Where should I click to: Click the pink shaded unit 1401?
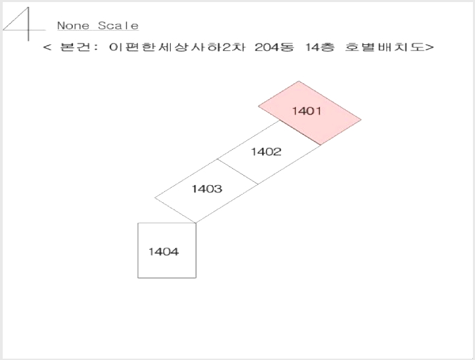coord(310,113)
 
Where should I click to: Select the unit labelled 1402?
coord(269,152)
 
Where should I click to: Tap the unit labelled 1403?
coord(207,191)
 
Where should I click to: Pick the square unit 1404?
coord(167,250)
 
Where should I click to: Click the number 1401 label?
coord(306,111)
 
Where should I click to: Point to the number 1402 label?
coord(266,152)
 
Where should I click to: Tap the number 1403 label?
coord(207,189)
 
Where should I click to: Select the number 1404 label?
coord(163,252)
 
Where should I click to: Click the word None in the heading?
coord(73,26)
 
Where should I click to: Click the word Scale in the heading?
coord(118,26)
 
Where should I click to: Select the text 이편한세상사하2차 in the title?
coord(177,47)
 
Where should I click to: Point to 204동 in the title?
coord(274,47)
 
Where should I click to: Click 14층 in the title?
coord(320,47)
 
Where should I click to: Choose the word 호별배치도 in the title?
coord(384,47)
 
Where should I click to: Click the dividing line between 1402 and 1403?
coord(237,171)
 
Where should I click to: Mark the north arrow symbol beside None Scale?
coord(24,24)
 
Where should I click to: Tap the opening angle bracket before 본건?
coord(47,47)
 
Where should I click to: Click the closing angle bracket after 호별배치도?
coord(429,47)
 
